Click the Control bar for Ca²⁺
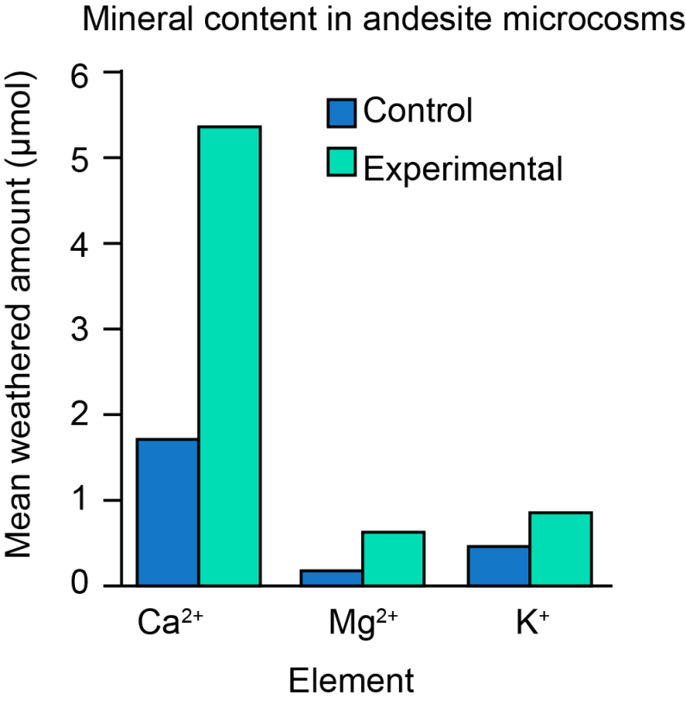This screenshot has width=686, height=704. tap(168, 512)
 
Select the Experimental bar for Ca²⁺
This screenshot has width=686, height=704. tap(229, 356)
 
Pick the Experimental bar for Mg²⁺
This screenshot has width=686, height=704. tap(392, 558)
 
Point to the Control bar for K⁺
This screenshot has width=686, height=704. tap(499, 565)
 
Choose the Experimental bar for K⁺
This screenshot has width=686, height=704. tap(560, 549)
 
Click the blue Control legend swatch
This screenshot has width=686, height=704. tap(342, 113)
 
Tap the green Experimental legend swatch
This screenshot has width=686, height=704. tap(342, 163)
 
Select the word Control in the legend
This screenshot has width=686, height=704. tap(418, 112)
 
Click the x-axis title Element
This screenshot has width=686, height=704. tap(351, 680)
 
